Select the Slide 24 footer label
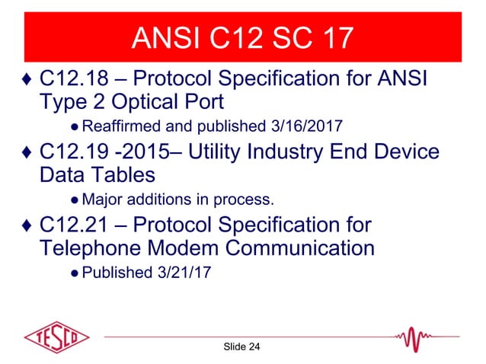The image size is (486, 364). [242, 347]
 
